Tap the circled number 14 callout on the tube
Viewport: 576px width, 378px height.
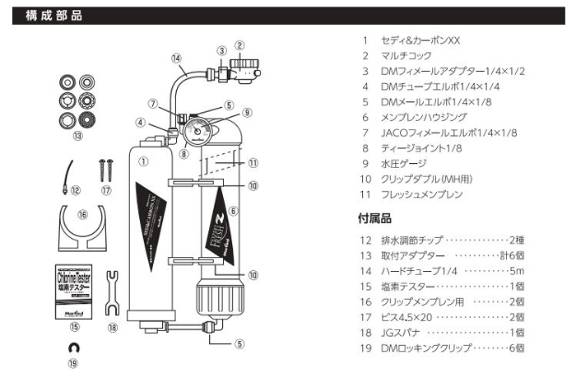176,58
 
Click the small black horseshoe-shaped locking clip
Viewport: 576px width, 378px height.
75,348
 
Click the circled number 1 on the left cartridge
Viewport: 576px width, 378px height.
143,162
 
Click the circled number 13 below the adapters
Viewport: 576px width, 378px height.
78,136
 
